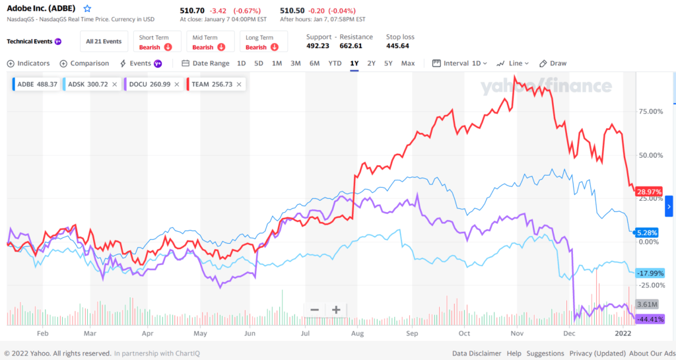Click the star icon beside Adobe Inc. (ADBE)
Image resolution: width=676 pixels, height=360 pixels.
click(87, 9)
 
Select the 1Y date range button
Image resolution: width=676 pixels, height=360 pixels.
click(355, 63)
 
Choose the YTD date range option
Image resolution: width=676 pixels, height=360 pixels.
click(335, 63)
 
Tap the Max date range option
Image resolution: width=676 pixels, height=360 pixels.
click(408, 63)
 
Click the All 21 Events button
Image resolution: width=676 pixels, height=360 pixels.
click(104, 42)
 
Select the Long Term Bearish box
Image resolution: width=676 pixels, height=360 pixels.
click(262, 42)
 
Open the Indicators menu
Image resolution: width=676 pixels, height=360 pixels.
click(28, 63)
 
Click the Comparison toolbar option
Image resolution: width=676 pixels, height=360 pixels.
click(84, 63)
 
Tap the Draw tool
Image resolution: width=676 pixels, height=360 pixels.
click(553, 63)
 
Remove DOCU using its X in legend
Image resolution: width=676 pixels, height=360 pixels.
click(177, 84)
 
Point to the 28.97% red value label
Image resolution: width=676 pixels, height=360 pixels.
click(649, 192)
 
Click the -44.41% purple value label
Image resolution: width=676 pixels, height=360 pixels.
click(649, 319)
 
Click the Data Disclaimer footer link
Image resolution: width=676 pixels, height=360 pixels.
click(477, 353)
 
